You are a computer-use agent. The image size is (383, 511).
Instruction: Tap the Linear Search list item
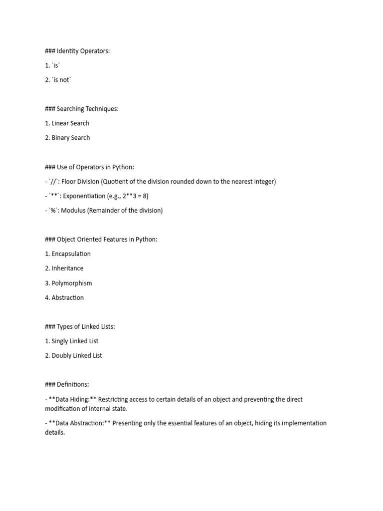70,123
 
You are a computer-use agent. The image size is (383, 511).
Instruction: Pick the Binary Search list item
71,138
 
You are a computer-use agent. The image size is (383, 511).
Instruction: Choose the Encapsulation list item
71,254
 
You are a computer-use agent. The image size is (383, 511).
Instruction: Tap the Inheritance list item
67,268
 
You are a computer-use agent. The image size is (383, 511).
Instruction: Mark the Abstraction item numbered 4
68,298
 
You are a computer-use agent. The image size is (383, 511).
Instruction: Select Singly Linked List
75,341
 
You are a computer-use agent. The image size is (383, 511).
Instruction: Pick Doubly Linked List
77,356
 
